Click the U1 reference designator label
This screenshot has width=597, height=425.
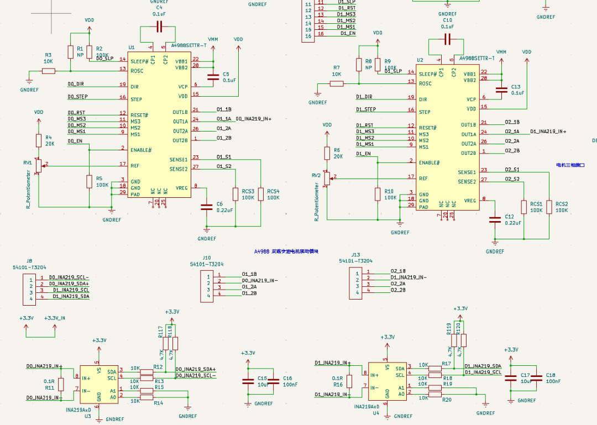(x=132, y=48)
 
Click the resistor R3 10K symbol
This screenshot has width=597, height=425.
(x=49, y=71)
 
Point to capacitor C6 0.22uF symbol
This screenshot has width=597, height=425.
(x=207, y=207)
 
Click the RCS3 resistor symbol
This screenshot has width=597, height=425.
(x=236, y=194)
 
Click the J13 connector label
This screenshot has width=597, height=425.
(x=355, y=255)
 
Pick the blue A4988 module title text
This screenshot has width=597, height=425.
(x=287, y=251)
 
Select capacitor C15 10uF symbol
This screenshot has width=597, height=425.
(x=248, y=381)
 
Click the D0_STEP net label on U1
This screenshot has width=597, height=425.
(x=77, y=97)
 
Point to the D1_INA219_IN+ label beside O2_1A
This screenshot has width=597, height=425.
(x=548, y=132)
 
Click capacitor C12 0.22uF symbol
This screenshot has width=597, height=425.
(x=495, y=219)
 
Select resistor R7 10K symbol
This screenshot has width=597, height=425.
(x=337, y=83)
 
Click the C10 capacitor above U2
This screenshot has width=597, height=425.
(x=447, y=39)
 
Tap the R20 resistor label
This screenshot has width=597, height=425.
(x=447, y=400)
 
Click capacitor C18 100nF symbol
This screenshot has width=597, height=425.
(x=536, y=378)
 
